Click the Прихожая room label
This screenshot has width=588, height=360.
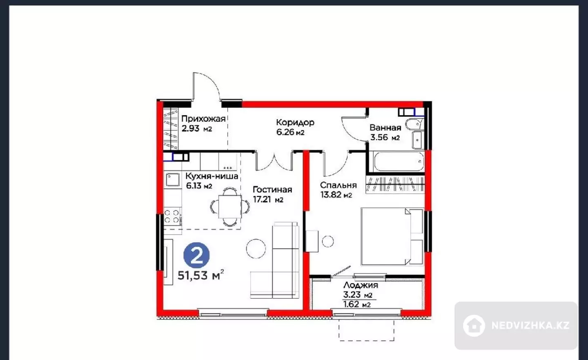click(x=203, y=119)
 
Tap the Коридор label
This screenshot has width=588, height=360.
click(x=295, y=122)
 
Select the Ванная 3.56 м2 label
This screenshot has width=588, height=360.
click(x=385, y=133)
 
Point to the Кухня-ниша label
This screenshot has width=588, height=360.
click(x=212, y=176)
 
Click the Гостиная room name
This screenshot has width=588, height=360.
click(x=272, y=189)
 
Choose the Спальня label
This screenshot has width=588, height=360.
click(x=338, y=185)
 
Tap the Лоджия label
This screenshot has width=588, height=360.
click(x=361, y=285)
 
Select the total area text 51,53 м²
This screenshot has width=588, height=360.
click(x=201, y=275)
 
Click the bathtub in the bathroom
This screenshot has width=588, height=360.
click(x=399, y=161)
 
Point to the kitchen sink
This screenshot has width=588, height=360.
click(x=172, y=180)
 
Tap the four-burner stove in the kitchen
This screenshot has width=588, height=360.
click(x=173, y=216)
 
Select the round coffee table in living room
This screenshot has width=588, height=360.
click(x=256, y=249)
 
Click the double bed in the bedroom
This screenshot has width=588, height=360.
click(x=392, y=237)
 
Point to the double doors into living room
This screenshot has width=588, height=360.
click(x=274, y=161)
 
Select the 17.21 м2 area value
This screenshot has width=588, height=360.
click(x=268, y=200)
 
